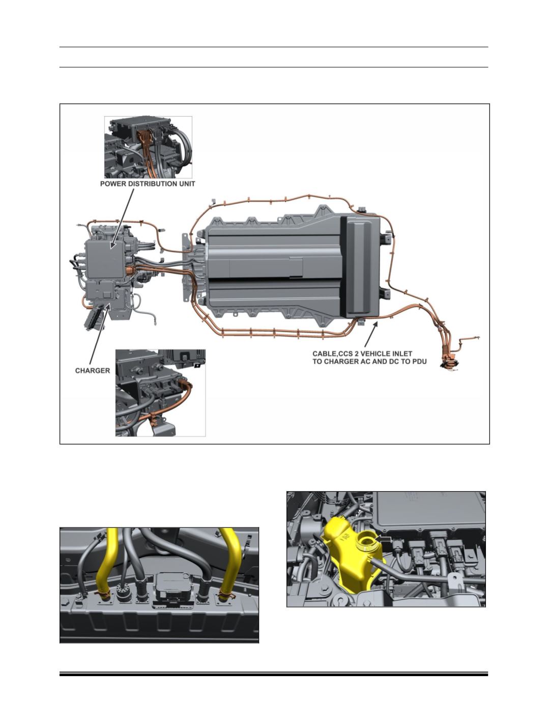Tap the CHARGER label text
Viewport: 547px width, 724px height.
(x=93, y=371)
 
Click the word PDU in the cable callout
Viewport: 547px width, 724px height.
(x=419, y=361)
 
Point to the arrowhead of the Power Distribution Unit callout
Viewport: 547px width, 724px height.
(x=112, y=244)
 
